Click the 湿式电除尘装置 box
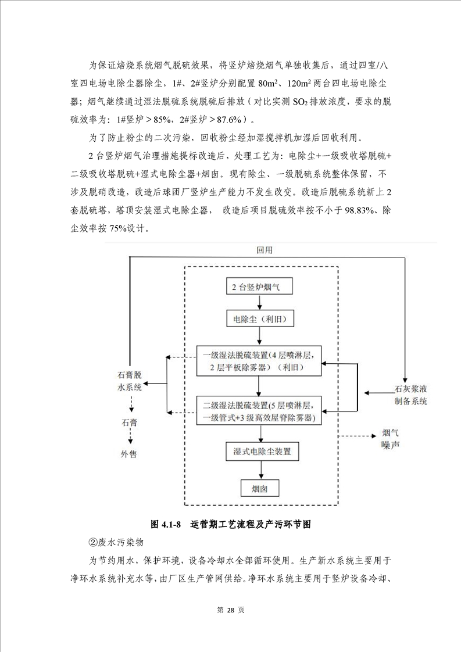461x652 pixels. pos(263,450)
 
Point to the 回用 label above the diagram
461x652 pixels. pos(265,250)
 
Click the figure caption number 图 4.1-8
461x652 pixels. pos(167,524)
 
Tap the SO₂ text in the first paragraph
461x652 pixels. pos(302,102)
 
